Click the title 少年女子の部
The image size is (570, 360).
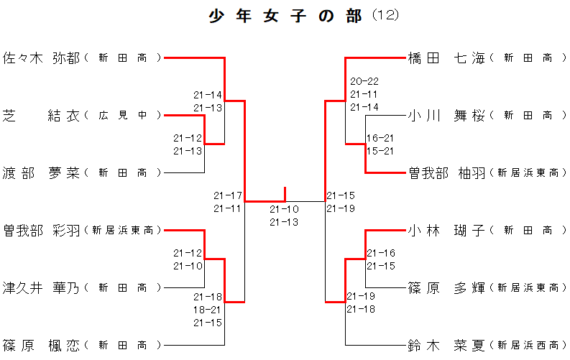(x=285, y=16)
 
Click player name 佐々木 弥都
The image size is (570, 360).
(x=42, y=57)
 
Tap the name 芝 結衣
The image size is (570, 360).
(x=42, y=115)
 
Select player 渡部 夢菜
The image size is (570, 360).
(x=42, y=172)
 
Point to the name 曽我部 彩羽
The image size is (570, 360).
(x=42, y=230)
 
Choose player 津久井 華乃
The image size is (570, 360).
(x=42, y=287)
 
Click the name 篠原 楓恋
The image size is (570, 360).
(x=42, y=345)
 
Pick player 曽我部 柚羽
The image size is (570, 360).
(x=446, y=172)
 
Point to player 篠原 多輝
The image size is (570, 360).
(x=446, y=287)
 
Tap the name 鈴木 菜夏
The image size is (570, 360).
(x=446, y=345)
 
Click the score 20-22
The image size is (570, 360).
(x=364, y=81)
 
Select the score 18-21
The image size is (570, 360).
(x=208, y=310)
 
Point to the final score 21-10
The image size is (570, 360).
(x=284, y=209)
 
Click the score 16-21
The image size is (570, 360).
(x=380, y=138)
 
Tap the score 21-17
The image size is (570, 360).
(x=228, y=195)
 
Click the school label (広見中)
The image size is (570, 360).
(x=123, y=116)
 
